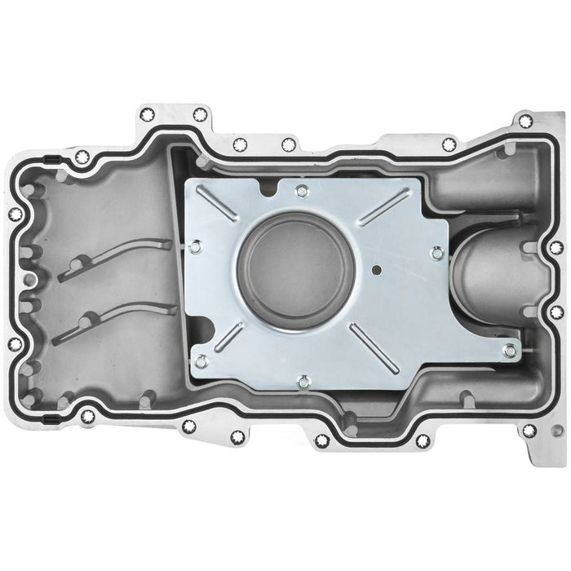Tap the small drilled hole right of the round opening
click(x=376, y=268)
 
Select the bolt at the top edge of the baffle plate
click(x=302, y=192)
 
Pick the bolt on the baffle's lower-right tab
click(x=509, y=351)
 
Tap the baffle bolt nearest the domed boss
click(x=437, y=254)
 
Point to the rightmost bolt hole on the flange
click(x=556, y=246)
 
